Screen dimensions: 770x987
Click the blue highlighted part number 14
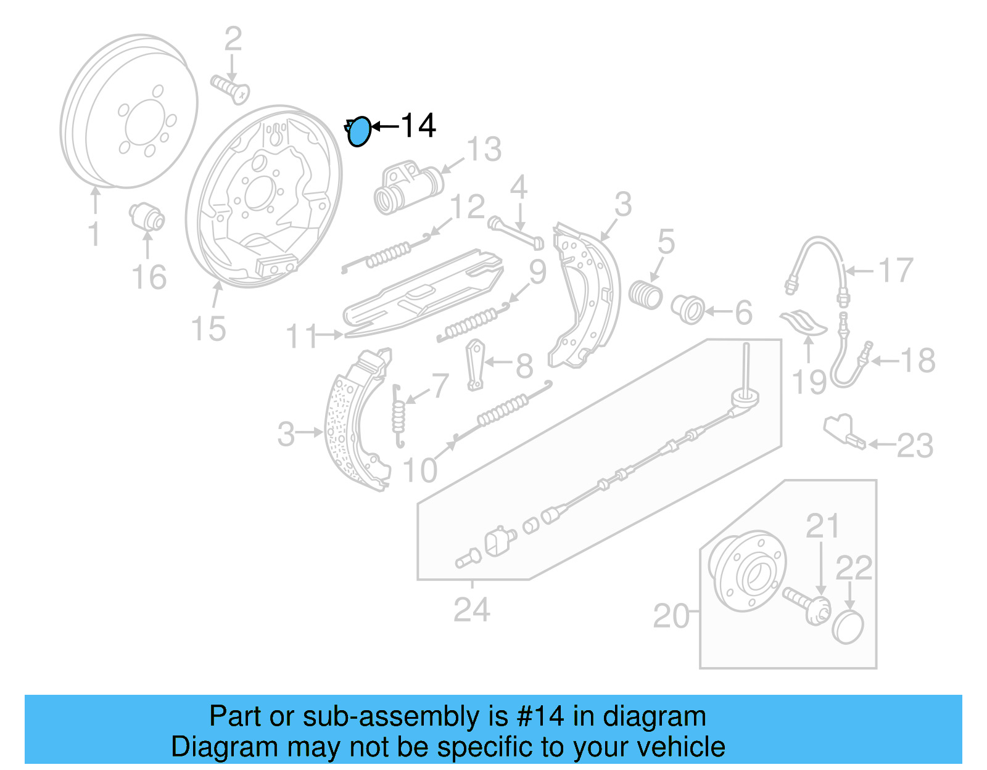pyautogui.click(x=359, y=132)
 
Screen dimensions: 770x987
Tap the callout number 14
pyautogui.click(x=418, y=126)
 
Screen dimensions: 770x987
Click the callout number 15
pyautogui.click(x=209, y=329)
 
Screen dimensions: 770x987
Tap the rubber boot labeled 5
pyautogui.click(x=645, y=294)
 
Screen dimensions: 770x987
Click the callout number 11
pyautogui.click(x=302, y=337)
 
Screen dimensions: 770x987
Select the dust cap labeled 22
pyautogui.click(x=848, y=628)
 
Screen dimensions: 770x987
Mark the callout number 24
pyautogui.click(x=472, y=610)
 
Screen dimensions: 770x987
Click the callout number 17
pyautogui.click(x=895, y=271)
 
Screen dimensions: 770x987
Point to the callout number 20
pyautogui.click(x=671, y=616)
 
